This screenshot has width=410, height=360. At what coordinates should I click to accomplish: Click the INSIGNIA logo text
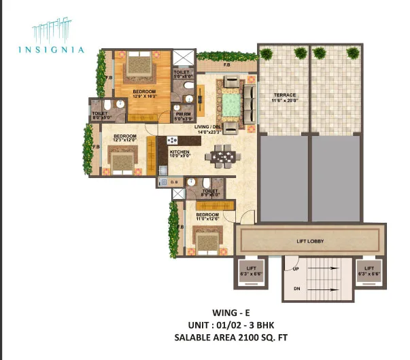click(x=61, y=49)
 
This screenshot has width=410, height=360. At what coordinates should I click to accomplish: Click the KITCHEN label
click(x=179, y=152)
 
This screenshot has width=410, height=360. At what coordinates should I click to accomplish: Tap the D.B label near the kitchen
click(x=174, y=182)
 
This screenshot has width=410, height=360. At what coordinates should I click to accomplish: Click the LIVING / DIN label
click(x=207, y=127)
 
